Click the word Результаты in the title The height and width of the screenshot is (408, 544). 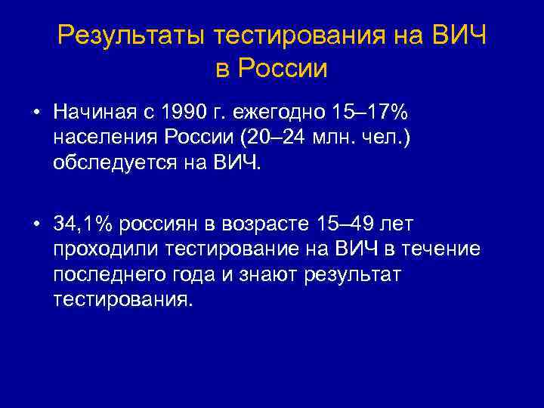[131, 35]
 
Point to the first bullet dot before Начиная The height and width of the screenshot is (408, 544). [36, 113]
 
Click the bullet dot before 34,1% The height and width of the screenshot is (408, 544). [36, 224]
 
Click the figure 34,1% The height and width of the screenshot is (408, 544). [84, 224]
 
